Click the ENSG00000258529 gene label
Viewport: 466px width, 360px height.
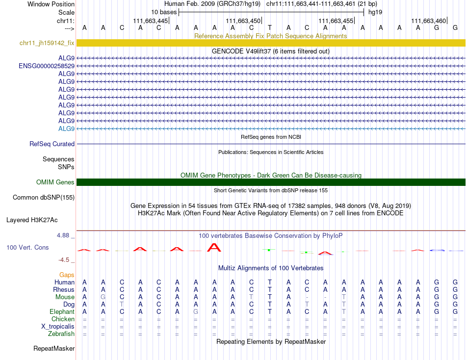click(x=47, y=66)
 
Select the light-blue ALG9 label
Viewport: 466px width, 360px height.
click(x=66, y=129)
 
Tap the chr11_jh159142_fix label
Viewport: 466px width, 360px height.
click(x=47, y=43)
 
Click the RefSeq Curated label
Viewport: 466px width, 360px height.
click(x=52, y=144)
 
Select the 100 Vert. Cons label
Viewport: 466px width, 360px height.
click(x=27, y=248)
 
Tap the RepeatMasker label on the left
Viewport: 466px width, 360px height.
click(x=54, y=349)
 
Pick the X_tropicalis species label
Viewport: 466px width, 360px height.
click(x=58, y=327)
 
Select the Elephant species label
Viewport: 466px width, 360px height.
click(x=62, y=312)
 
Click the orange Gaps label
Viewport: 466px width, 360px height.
click(x=67, y=275)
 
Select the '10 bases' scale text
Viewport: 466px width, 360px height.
click(x=164, y=12)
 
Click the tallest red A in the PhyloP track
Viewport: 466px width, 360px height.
click(x=214, y=247)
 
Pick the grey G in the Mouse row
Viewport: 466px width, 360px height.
click(x=103, y=297)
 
